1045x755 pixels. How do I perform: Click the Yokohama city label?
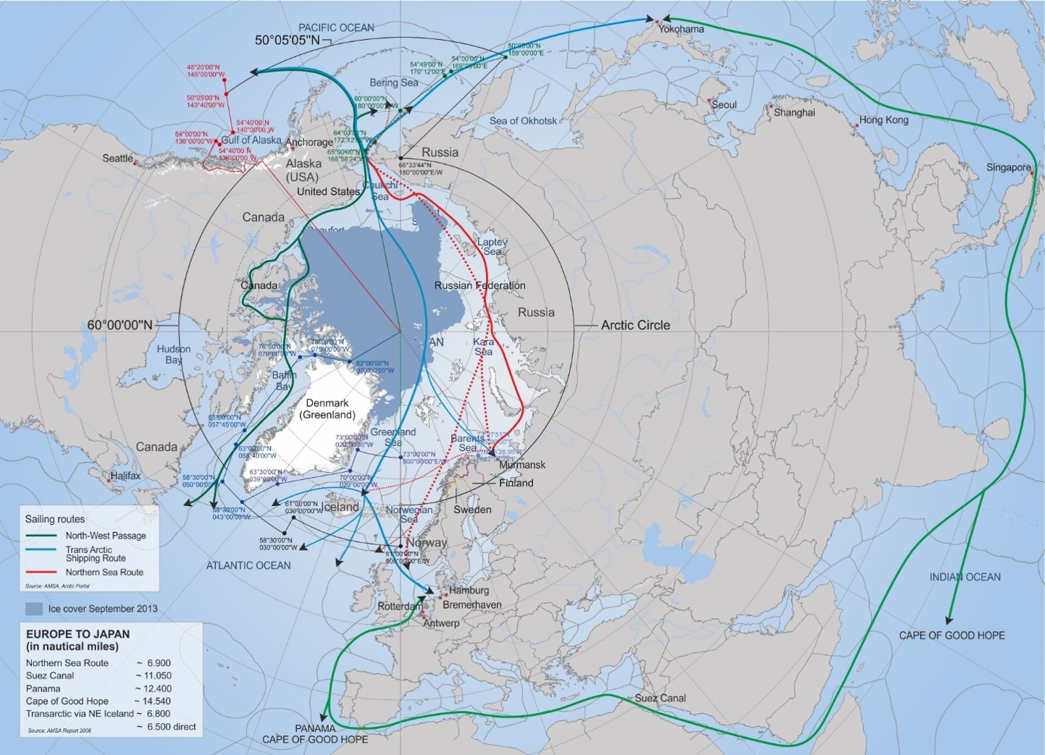click(x=681, y=29)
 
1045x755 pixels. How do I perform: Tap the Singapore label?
click(x=1008, y=167)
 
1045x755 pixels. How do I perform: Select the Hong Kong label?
click(x=884, y=120)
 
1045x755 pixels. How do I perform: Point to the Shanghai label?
click(x=794, y=112)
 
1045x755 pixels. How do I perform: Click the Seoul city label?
click(x=724, y=104)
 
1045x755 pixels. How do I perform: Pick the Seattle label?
click(x=117, y=158)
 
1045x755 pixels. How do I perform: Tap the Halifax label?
click(x=125, y=476)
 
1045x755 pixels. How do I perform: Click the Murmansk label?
click(x=522, y=465)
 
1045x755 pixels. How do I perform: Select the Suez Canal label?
click(x=660, y=698)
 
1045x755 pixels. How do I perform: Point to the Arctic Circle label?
click(x=635, y=325)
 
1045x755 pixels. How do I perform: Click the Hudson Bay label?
click(x=174, y=354)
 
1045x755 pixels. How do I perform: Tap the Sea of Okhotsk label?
click(x=523, y=120)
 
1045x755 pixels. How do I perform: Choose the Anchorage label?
click(x=309, y=142)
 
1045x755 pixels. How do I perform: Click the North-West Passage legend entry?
click(x=106, y=536)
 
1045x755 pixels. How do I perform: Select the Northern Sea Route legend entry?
click(x=104, y=572)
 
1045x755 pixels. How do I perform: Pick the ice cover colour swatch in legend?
click(x=34, y=608)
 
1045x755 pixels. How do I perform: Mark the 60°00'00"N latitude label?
click(x=120, y=325)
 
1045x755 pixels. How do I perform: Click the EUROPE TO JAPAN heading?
click(x=77, y=633)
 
